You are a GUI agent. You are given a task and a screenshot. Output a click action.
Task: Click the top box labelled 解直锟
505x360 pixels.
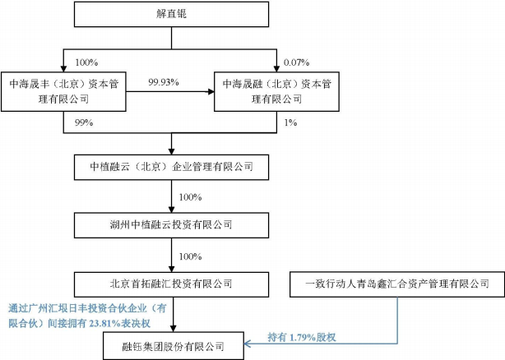(x=171, y=14)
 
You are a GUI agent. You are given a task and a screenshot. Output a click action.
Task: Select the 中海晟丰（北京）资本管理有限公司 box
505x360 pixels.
(x=63, y=92)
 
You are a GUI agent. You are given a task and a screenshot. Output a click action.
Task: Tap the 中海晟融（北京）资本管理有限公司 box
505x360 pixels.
(x=276, y=92)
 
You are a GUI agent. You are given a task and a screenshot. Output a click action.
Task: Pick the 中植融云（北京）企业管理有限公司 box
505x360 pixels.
(x=171, y=167)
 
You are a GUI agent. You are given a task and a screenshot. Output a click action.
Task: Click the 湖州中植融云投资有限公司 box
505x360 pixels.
(x=171, y=225)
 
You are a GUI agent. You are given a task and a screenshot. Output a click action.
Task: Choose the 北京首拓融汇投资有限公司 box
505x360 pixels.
(x=171, y=284)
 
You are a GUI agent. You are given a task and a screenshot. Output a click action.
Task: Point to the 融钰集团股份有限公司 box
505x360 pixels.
(x=174, y=346)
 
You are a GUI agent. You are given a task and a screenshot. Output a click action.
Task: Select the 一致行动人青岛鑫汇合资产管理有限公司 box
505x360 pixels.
(x=397, y=284)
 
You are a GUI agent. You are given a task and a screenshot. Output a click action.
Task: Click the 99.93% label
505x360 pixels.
(x=164, y=82)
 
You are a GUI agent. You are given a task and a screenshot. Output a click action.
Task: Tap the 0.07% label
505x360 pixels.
(x=296, y=62)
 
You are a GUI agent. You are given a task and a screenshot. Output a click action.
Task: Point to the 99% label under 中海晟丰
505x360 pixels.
(x=84, y=122)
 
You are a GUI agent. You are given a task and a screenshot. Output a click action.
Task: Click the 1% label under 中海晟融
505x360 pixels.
(x=290, y=122)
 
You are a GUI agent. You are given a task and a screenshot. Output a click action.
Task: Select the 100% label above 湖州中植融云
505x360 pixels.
(x=190, y=197)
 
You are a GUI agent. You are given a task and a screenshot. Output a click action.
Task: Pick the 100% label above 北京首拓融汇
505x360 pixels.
(x=190, y=256)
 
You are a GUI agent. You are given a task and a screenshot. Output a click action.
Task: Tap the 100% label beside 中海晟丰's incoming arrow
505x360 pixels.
(x=86, y=62)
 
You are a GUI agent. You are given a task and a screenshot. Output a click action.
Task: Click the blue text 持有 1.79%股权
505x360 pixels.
(x=302, y=337)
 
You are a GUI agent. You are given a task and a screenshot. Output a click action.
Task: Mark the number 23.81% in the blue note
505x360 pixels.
(x=104, y=323)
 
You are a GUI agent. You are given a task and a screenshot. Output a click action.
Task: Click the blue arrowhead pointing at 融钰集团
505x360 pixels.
(x=248, y=344)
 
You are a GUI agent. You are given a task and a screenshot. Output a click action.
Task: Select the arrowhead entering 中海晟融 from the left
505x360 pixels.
(x=211, y=92)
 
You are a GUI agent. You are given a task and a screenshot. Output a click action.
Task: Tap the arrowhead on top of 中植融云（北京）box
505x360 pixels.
(x=171, y=151)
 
